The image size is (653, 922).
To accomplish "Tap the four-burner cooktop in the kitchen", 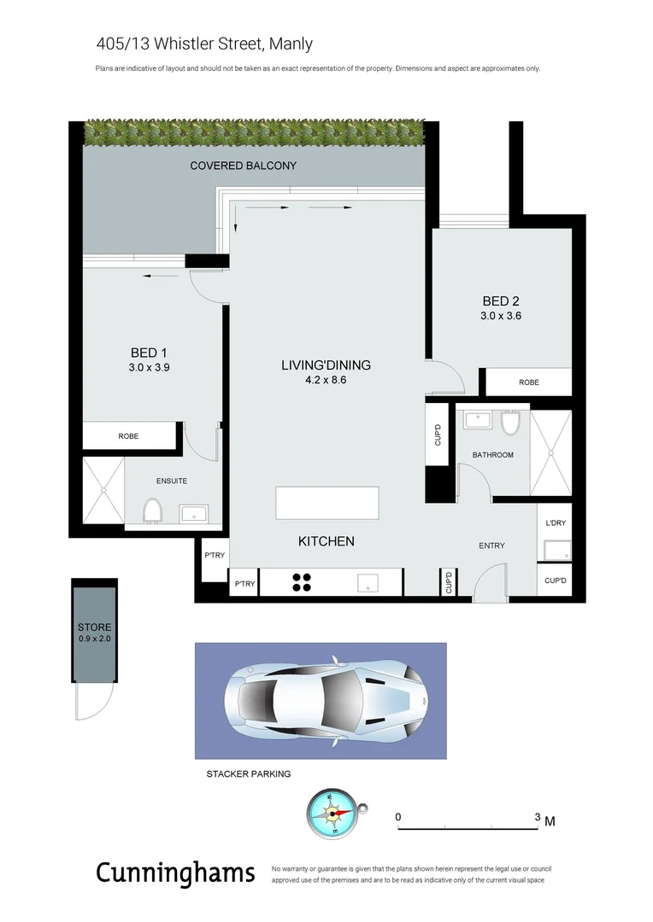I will (x=302, y=582).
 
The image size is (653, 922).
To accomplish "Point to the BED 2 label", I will (x=501, y=301).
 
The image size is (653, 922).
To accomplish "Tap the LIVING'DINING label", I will (x=326, y=365).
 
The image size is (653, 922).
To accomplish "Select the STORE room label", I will (x=94, y=627).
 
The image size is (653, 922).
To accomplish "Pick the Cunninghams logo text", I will (x=175, y=873).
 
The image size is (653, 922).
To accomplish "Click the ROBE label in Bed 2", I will (x=529, y=382).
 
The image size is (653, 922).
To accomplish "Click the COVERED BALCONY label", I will (x=243, y=165).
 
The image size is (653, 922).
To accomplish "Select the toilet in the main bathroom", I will (x=511, y=423).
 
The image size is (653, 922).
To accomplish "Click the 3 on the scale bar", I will (x=538, y=817).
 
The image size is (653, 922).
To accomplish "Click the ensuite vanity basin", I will (x=192, y=513).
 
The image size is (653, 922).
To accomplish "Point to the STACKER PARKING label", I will (x=248, y=774).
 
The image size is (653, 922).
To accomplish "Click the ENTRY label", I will (x=491, y=546).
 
